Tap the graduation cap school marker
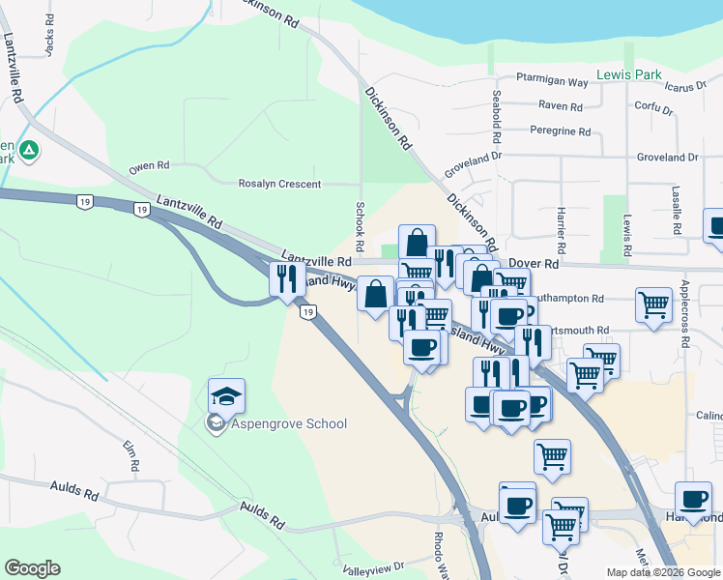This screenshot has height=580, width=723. tap(225, 396)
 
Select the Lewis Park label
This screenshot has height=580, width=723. tap(628, 74)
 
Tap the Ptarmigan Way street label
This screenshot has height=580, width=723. tap(552, 82)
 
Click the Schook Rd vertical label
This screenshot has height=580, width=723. tap(359, 221)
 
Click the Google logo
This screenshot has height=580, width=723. tap(32, 568)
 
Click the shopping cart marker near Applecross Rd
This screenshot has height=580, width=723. tap(653, 304)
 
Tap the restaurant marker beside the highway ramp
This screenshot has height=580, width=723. tap(286, 280)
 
